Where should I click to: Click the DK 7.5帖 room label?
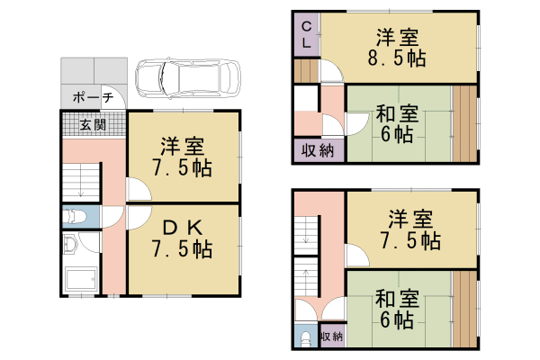click(x=183, y=237)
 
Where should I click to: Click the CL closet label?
click(x=306, y=33)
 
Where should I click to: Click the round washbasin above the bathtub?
click(x=72, y=244)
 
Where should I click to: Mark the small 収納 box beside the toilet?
click(x=331, y=336)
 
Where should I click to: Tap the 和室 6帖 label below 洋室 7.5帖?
click(x=396, y=309)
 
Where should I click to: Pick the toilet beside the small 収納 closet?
click(x=305, y=337)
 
